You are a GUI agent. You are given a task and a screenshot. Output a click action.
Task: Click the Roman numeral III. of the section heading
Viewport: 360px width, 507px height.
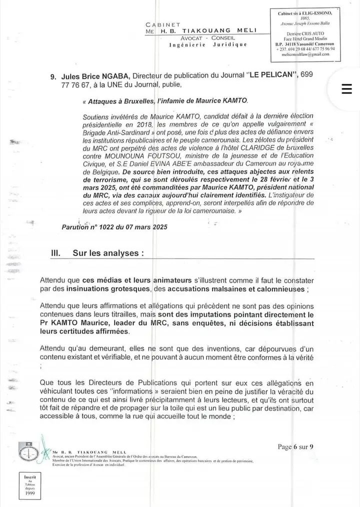point(56,253)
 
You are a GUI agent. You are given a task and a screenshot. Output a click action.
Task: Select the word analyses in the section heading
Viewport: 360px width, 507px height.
point(121,253)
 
